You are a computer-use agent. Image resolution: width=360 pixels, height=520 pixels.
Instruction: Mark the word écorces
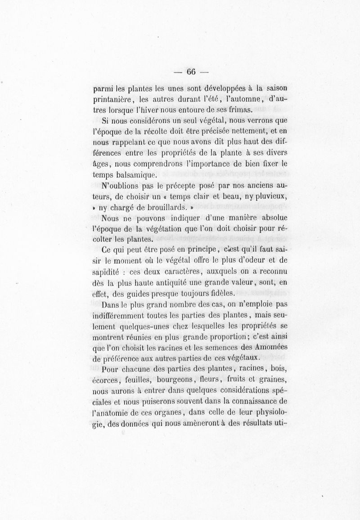(101, 381)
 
